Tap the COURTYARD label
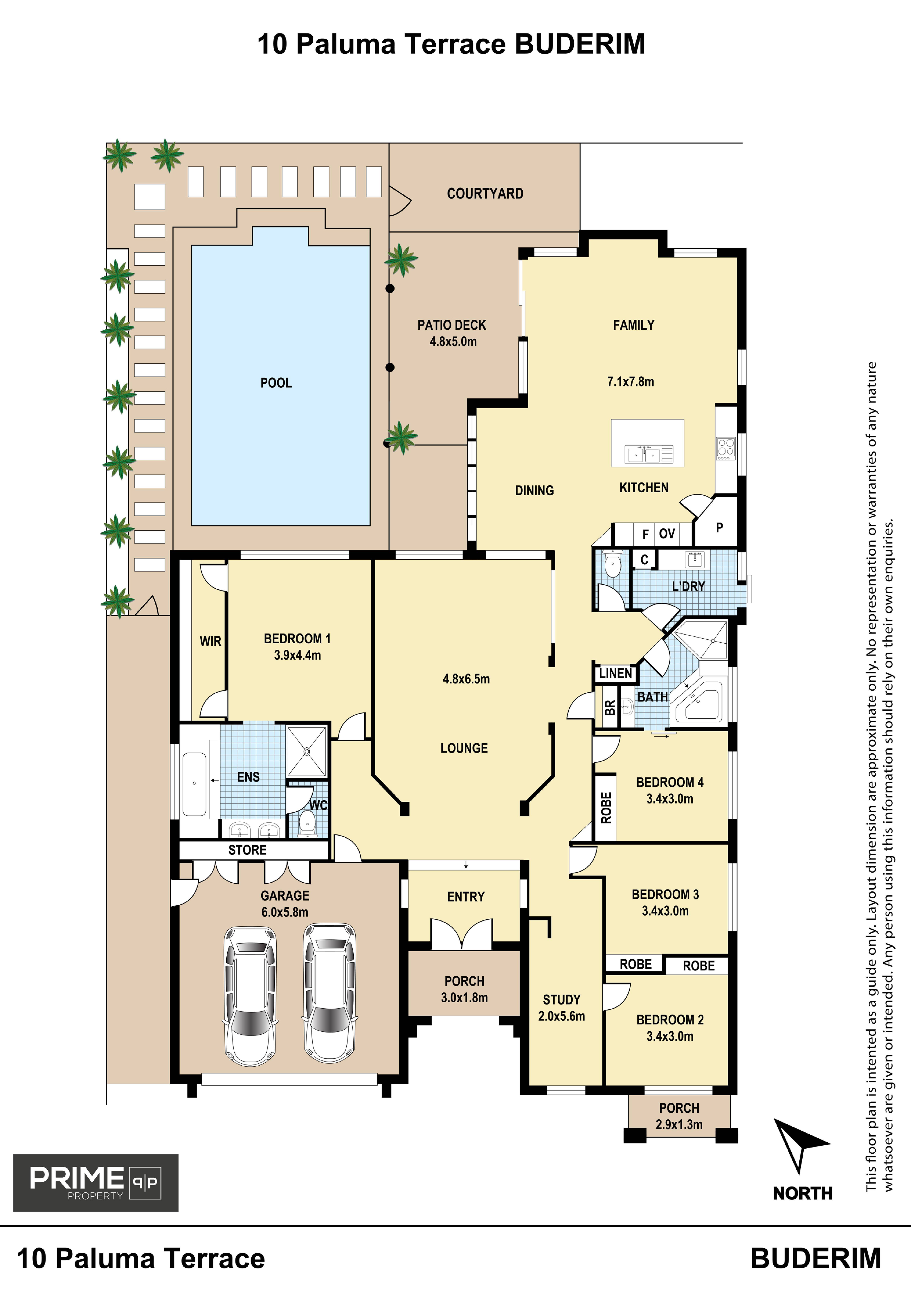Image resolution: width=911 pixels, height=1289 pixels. [x=485, y=194]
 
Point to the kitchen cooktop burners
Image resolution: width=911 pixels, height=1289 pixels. [x=726, y=449]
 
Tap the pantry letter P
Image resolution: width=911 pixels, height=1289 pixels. [x=719, y=527]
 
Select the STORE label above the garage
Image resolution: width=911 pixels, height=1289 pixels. [x=248, y=850]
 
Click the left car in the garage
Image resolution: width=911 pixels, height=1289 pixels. [x=250, y=995]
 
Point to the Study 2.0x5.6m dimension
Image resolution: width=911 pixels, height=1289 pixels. [x=561, y=1016]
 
